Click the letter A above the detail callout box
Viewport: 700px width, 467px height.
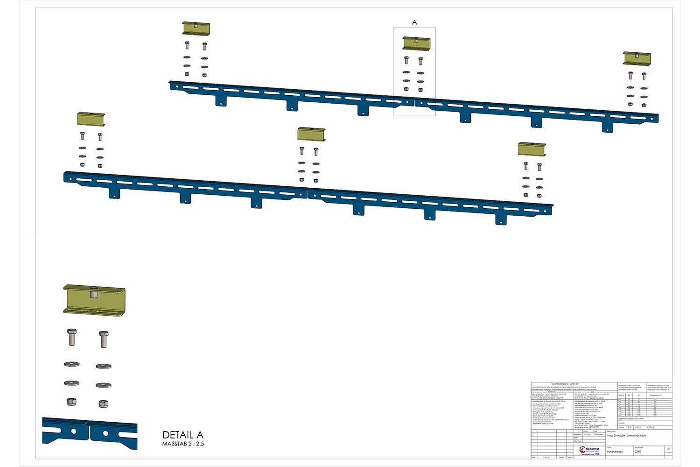[414, 22]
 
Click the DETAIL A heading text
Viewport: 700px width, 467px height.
[183, 435]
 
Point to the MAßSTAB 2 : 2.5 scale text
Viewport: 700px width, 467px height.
[183, 444]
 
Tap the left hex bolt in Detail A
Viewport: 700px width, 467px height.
[72, 337]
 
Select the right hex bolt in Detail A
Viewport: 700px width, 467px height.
[104, 339]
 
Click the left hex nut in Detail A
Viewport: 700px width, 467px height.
[71, 402]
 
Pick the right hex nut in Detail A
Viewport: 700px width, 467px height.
[103, 403]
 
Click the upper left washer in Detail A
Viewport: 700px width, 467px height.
[71, 364]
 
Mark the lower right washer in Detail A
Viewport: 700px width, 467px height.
[103, 385]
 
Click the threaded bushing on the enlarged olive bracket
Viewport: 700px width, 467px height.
[93, 295]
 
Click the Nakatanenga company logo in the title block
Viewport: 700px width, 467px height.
[589, 451]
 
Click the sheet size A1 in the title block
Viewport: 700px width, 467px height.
[669, 449]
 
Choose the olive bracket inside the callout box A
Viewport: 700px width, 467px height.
[416, 43]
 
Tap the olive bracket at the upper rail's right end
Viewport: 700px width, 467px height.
[637, 58]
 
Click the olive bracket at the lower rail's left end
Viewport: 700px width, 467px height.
[91, 119]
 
